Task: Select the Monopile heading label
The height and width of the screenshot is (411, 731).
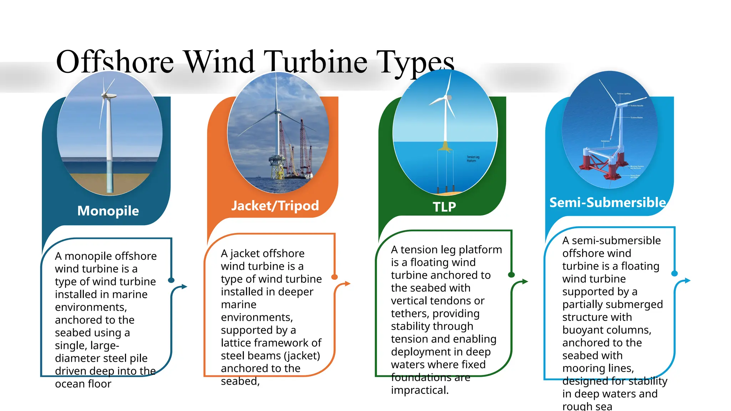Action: [108, 211]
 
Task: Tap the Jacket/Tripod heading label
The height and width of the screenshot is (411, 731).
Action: [275, 205]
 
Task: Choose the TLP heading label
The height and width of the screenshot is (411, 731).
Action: [444, 207]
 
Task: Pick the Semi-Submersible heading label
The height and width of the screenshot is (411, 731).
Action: [607, 203]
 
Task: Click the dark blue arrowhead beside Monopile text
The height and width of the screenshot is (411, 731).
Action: [184, 286]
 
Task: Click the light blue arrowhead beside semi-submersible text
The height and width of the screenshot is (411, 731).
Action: [688, 280]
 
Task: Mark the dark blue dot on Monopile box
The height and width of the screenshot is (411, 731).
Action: [171, 280]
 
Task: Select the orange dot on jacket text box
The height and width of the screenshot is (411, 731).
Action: [334, 277]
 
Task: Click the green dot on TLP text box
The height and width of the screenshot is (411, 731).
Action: [511, 274]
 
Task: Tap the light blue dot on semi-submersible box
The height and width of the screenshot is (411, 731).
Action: [674, 273]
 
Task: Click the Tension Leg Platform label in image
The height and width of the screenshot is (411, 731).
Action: [473, 159]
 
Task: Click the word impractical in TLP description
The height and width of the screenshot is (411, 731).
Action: [419, 390]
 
